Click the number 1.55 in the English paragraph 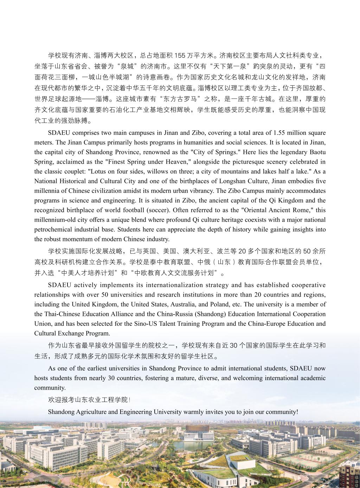(x=279, y=133)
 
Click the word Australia (x=200, y=304)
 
